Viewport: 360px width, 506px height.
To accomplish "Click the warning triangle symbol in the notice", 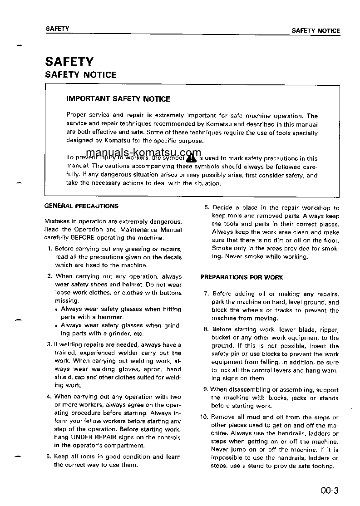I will click(x=191, y=157).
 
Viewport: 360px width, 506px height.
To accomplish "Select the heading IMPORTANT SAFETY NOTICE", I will click(x=118, y=98).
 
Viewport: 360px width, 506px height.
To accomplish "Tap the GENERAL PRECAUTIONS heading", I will click(x=81, y=206).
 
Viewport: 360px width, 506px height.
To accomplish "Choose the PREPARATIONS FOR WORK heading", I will click(x=242, y=277).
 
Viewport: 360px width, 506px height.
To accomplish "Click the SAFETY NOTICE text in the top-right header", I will click(x=316, y=31).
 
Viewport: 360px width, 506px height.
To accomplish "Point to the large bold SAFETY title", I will click(x=69, y=61).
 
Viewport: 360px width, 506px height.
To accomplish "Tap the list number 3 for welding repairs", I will click(x=49, y=344).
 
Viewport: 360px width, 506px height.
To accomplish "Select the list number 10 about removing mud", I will click(x=204, y=418).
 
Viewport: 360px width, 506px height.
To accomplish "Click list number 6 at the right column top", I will click(x=206, y=208).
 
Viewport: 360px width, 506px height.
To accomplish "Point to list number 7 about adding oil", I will click(x=206, y=294).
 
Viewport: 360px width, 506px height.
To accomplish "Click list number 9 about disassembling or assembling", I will click(x=206, y=389).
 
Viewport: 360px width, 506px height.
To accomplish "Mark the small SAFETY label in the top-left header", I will click(x=57, y=29).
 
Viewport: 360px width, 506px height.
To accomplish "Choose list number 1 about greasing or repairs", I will click(x=49, y=249).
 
